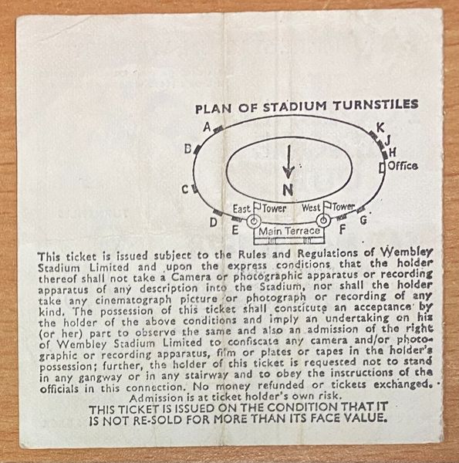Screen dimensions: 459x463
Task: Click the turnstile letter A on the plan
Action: tap(208, 127)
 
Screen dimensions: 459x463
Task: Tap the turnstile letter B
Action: tap(188, 149)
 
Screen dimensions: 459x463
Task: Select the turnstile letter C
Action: tap(185, 190)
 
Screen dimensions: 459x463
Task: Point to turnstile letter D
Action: tap(214, 222)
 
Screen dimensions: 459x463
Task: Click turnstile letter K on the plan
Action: tap(380, 128)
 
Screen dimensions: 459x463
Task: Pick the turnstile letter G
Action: tap(363, 220)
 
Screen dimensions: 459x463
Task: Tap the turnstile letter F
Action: tap(343, 229)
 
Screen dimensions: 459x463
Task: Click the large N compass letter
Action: tap(288, 190)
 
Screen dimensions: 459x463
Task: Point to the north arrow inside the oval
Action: tap(289, 161)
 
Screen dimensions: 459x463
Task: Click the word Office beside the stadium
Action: tap(403, 166)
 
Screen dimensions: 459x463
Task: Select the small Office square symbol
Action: tap(383, 167)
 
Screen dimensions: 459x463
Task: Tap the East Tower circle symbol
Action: tap(254, 221)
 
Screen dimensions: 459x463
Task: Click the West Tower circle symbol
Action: tap(323, 220)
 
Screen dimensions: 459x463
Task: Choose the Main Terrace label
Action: tap(289, 231)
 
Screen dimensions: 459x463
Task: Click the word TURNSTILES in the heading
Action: tap(376, 105)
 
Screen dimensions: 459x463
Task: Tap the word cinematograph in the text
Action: tap(133, 300)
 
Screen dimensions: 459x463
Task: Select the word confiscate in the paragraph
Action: tap(253, 342)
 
